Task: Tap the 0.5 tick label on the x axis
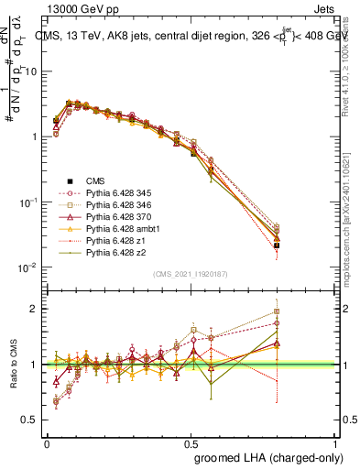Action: [191, 442]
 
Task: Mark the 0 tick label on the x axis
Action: [47, 442]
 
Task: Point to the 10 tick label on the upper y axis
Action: [29, 71]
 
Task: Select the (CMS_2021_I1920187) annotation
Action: [191, 274]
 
